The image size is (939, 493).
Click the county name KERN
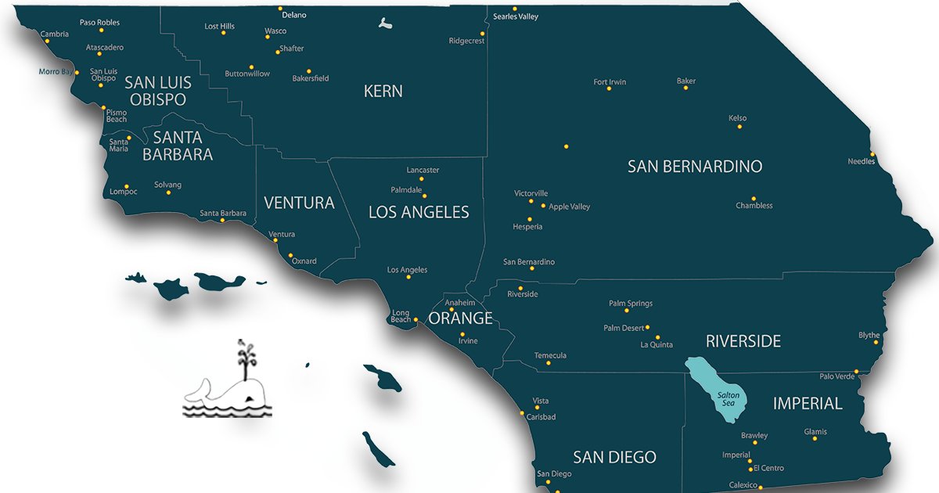pos(383,92)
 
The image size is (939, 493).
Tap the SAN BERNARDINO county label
pos(695,167)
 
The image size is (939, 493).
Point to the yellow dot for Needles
pos(872,153)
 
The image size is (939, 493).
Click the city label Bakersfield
pos(311,78)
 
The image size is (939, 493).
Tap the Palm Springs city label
pos(631,304)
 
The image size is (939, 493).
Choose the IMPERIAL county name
pos(808,404)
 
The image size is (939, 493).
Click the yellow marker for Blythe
pos(876,344)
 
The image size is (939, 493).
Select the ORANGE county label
pos(460,318)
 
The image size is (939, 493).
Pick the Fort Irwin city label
pos(610,82)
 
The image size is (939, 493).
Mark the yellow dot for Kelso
pos(739,126)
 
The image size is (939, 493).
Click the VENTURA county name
pos(299,203)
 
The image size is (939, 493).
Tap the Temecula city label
pos(550,356)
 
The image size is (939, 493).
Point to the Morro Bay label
pos(56,71)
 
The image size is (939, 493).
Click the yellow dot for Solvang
pos(168,193)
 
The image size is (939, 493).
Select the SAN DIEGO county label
pos(614,457)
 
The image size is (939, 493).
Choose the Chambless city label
pos(754,206)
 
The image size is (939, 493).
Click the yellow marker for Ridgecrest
pos(482,34)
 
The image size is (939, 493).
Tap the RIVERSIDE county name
pos(743,341)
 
